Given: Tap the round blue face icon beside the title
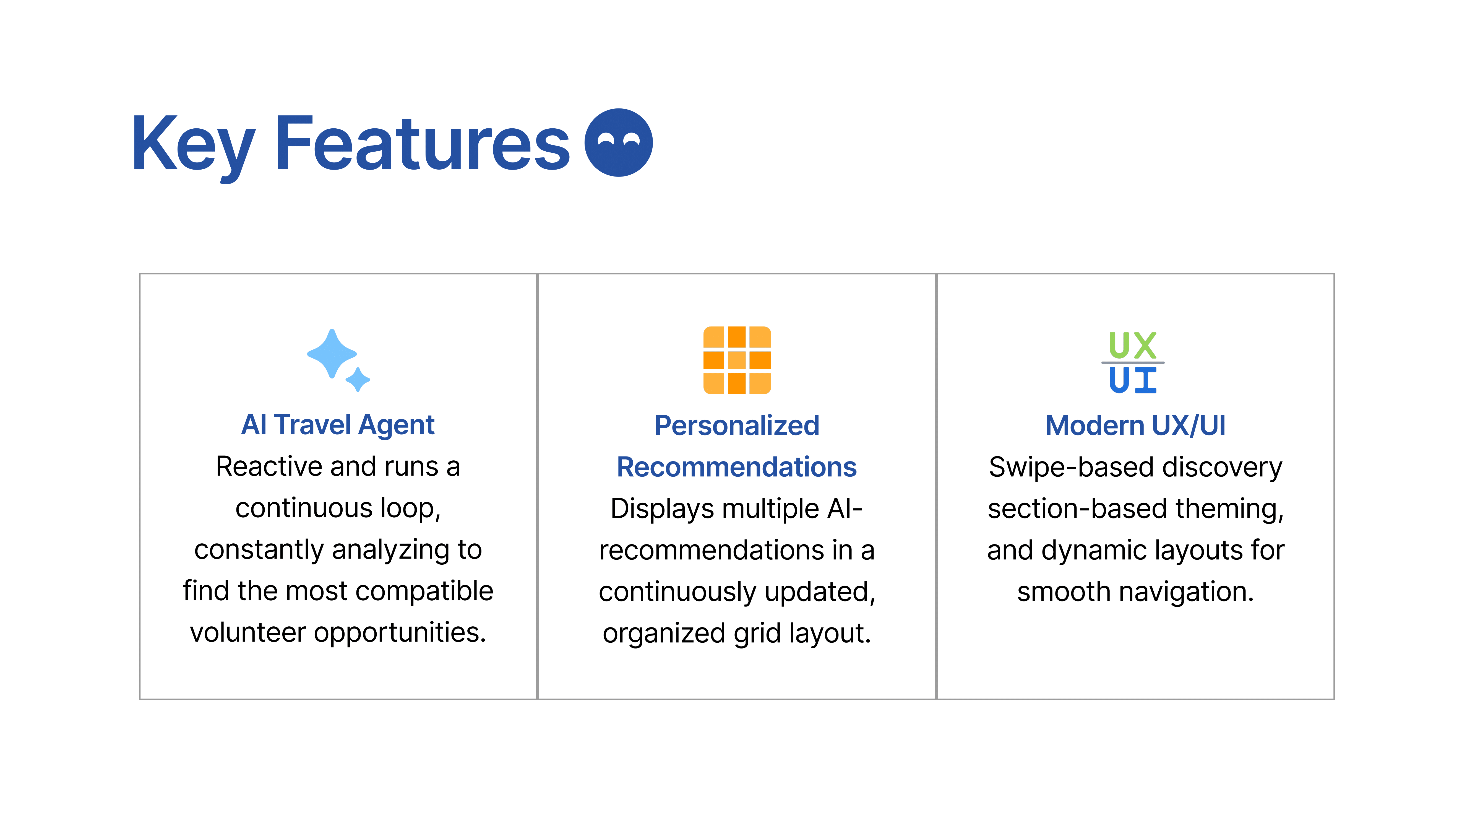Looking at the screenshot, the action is point(618,143).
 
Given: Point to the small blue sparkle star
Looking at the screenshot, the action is point(358,379).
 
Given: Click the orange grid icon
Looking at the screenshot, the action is point(737,360).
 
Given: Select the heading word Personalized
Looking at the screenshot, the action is point(737,426).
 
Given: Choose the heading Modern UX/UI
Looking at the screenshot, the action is point(1135,426).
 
